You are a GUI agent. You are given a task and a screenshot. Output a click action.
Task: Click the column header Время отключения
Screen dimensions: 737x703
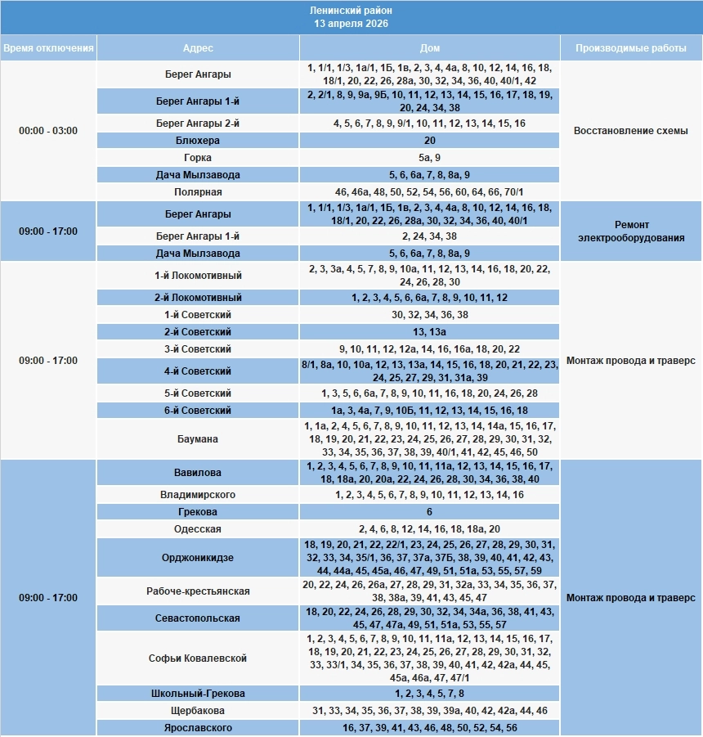coord(48,47)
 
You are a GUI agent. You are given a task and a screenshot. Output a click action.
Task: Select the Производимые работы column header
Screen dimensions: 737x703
coord(631,47)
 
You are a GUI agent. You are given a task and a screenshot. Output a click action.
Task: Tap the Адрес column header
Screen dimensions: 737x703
coord(198,47)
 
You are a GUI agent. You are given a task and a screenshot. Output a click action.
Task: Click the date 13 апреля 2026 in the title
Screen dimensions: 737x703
coord(351,24)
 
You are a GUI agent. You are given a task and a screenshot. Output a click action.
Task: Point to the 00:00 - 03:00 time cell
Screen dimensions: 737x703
coord(48,131)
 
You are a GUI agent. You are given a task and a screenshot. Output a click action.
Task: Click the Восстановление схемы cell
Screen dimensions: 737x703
coord(631,131)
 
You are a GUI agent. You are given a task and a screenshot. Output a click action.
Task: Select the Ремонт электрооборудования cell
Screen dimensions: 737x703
coord(631,231)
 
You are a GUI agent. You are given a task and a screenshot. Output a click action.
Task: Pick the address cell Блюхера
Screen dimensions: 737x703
coord(198,141)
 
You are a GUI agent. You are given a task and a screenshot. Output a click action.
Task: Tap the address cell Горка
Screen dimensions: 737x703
coord(198,158)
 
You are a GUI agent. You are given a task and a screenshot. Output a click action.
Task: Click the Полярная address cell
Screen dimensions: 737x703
coord(198,192)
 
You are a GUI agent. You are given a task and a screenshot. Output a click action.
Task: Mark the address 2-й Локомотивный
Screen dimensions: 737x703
coord(198,298)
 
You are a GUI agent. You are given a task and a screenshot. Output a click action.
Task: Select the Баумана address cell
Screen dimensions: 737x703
coord(198,439)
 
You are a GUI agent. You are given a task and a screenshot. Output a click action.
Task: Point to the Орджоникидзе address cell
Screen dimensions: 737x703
coord(198,557)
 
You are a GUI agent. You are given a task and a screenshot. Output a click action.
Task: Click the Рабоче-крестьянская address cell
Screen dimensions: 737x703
coord(198,591)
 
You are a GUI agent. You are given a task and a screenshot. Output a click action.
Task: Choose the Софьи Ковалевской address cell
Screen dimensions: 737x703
coord(198,658)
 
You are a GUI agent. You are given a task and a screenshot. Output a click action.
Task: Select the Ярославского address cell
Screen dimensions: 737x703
coord(198,728)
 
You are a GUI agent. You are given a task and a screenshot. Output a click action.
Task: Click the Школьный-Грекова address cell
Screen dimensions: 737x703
coord(198,694)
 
